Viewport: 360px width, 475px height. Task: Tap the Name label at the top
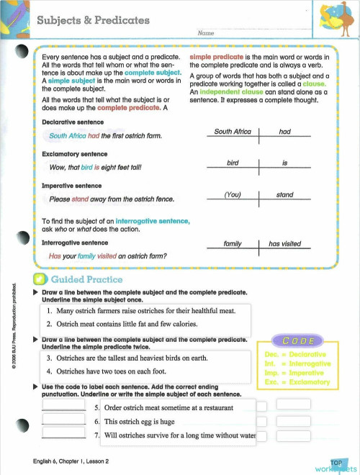click(x=206, y=34)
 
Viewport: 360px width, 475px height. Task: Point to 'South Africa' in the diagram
click(x=232, y=132)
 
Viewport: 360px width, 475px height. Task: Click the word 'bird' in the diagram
click(x=232, y=163)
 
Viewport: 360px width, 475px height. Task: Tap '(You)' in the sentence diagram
click(x=232, y=195)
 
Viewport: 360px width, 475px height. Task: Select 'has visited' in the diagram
click(x=284, y=244)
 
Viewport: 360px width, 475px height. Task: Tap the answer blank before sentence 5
click(x=64, y=405)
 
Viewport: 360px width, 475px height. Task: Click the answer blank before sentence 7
click(x=64, y=434)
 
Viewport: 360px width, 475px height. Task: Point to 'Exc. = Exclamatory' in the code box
click(x=297, y=382)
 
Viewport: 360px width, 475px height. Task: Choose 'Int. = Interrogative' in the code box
click(x=297, y=364)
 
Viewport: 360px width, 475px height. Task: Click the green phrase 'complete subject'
click(x=155, y=74)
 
